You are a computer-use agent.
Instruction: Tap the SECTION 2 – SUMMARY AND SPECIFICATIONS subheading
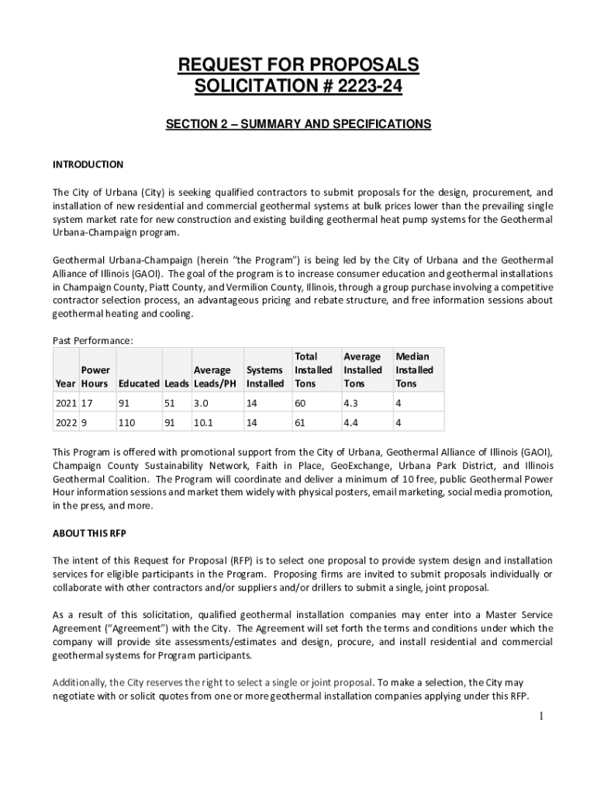pos(298,124)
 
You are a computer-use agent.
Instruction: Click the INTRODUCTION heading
pos(88,165)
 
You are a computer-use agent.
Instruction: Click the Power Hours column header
pos(95,377)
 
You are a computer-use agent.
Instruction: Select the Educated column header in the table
pos(139,384)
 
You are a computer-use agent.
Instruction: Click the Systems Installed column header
pos(264,377)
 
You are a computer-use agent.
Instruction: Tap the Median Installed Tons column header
pos(413,370)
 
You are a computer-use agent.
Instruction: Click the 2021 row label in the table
pos(65,404)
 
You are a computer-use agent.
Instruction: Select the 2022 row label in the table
pos(65,425)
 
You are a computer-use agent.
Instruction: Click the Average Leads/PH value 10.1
pos(204,425)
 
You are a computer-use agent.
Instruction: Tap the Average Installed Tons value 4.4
pos(351,425)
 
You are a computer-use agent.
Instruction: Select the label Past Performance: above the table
pos(92,341)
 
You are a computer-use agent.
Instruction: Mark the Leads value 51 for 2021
pos(170,404)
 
